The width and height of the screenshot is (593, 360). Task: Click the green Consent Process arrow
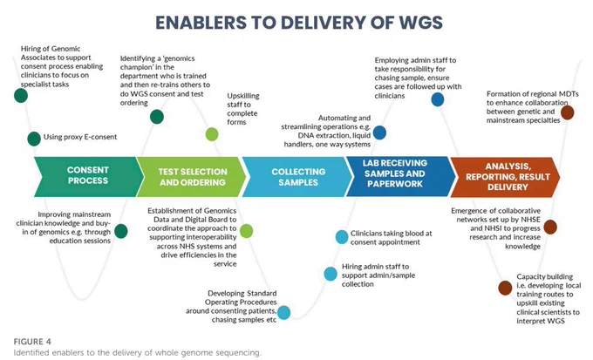click(x=88, y=177)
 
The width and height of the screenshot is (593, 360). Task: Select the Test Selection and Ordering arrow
click(x=192, y=177)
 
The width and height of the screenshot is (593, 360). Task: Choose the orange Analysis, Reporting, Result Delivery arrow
click(x=506, y=177)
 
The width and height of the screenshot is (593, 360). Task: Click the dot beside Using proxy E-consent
click(x=34, y=139)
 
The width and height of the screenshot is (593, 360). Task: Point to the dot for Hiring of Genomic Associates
click(x=21, y=95)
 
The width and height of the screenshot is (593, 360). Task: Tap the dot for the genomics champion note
click(x=157, y=117)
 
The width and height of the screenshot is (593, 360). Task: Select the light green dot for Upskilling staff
click(x=212, y=134)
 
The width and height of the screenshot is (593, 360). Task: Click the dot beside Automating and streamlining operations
click(x=379, y=132)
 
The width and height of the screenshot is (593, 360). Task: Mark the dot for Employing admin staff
click(x=438, y=99)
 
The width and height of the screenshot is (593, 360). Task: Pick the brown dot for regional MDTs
click(x=568, y=112)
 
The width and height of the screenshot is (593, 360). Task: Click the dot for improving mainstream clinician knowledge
click(x=121, y=231)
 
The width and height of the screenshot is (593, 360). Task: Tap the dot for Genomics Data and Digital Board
click(x=246, y=231)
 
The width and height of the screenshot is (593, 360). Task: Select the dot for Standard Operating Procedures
click(x=284, y=312)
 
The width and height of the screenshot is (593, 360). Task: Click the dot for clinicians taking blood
click(x=342, y=237)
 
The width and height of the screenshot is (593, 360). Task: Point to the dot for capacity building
click(x=505, y=288)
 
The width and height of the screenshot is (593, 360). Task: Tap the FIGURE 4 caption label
click(x=32, y=342)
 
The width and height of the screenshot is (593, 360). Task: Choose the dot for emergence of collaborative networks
click(x=550, y=227)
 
